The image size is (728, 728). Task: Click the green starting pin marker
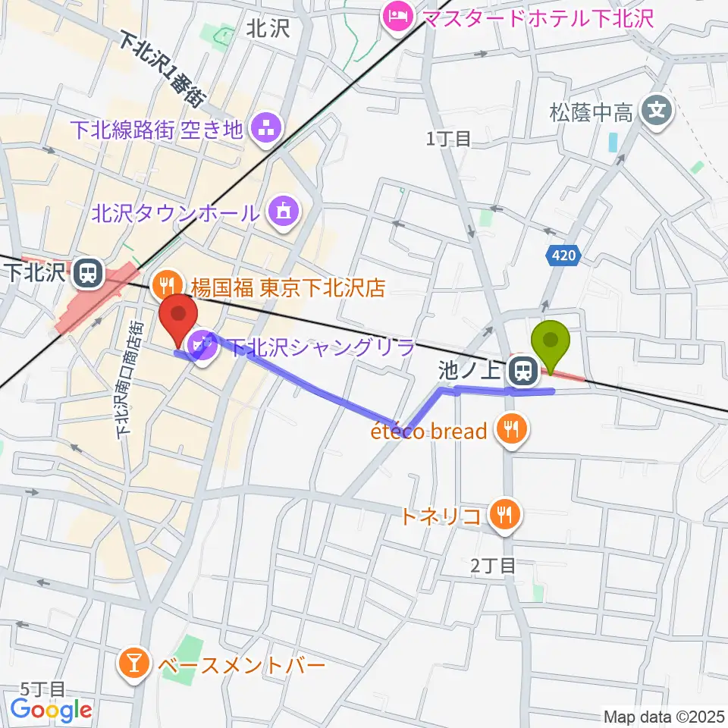(551, 343)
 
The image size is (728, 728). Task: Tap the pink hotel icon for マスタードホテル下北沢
(397, 16)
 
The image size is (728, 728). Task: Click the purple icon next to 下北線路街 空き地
(266, 129)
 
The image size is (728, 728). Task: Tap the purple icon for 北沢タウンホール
(284, 212)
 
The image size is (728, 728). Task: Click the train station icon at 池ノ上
(522, 371)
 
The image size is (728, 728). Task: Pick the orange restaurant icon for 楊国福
(165, 286)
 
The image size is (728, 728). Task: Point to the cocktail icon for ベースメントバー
(133, 665)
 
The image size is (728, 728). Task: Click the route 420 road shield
(563, 258)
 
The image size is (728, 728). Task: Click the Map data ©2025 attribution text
(663, 716)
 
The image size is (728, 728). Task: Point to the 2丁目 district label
(492, 565)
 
